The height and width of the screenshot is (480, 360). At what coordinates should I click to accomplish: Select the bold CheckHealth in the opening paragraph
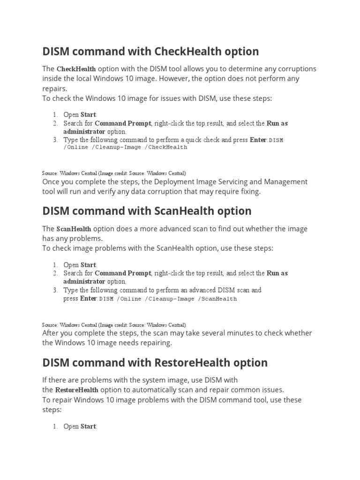76,69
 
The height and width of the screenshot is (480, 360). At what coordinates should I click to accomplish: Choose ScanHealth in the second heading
178,211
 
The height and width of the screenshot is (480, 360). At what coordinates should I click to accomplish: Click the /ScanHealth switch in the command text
217,299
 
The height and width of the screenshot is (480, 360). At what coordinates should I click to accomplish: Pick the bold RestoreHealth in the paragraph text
76,390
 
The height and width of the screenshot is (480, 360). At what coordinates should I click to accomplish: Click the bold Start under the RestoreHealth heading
88,427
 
